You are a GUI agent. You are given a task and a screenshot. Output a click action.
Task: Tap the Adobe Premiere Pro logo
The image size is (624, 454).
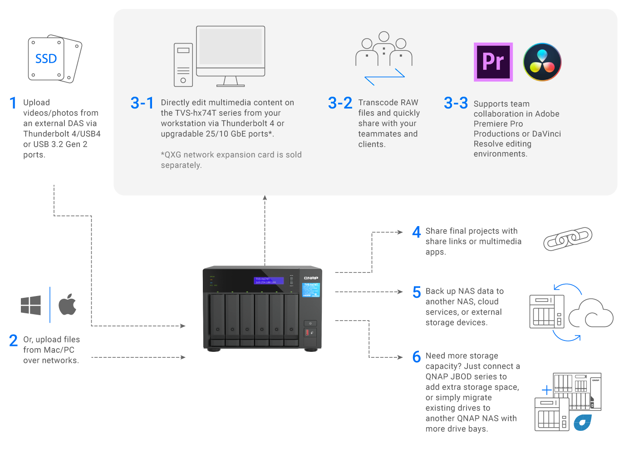pyautogui.click(x=493, y=62)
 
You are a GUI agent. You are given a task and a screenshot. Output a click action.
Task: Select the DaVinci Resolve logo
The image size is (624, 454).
pyautogui.click(x=542, y=62)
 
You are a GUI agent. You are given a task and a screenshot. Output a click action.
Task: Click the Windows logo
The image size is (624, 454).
pyautogui.click(x=31, y=305)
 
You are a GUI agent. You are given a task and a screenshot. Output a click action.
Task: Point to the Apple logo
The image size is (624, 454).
pyautogui.click(x=68, y=304)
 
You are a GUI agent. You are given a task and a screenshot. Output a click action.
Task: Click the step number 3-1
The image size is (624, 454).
pyautogui.click(x=142, y=103)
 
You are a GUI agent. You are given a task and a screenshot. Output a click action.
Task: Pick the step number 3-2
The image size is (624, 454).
pyautogui.click(x=340, y=103)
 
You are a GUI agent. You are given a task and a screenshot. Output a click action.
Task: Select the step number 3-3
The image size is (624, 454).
pyautogui.click(x=456, y=103)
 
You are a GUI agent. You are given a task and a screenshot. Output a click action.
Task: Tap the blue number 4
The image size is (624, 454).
pyautogui.click(x=416, y=232)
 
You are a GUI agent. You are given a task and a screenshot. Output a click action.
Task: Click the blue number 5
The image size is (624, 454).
pyautogui.click(x=417, y=292)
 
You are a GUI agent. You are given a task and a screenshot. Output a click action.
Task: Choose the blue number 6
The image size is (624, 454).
pyautogui.click(x=417, y=357)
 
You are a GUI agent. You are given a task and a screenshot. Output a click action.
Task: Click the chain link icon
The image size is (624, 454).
pyautogui.click(x=568, y=239)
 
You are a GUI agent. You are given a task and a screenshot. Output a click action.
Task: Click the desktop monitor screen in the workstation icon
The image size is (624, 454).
pyautogui.click(x=231, y=47)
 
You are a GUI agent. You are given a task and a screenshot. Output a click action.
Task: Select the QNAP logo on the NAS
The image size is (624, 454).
pyautogui.click(x=311, y=278)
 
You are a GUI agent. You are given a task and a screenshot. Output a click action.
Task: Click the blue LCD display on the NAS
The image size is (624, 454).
pyautogui.click(x=269, y=281)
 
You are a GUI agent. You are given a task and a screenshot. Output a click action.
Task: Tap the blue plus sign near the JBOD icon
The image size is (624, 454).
pyautogui.click(x=547, y=390)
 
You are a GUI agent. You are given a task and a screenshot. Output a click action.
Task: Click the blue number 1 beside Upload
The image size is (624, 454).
pyautogui.click(x=13, y=103)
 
